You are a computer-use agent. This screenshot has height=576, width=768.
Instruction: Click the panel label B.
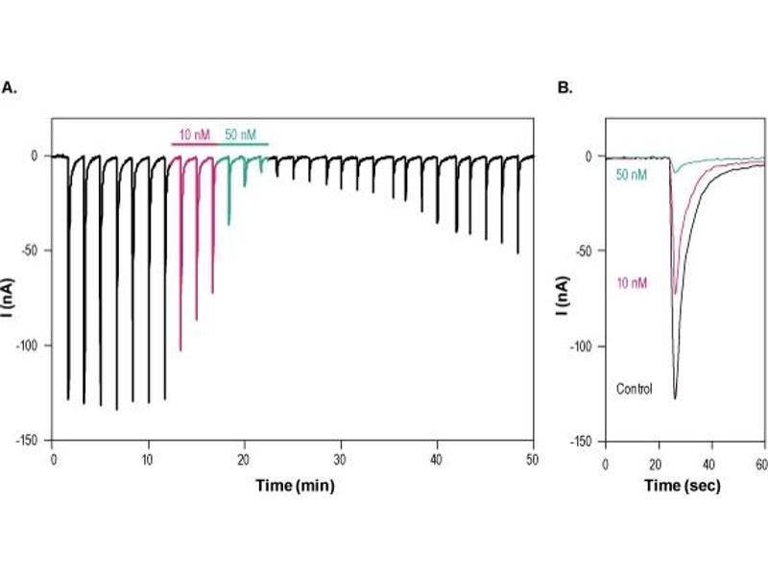(565, 87)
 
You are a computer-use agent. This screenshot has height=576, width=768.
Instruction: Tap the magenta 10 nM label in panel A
(194, 134)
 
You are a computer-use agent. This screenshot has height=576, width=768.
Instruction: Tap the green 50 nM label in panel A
(241, 134)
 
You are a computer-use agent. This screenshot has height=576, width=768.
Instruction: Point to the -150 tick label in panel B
(586, 440)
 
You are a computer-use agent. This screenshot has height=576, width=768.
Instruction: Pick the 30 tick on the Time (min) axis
(341, 458)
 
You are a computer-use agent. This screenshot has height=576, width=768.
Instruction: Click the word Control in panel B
(634, 389)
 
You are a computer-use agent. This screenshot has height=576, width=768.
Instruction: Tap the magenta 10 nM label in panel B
(631, 282)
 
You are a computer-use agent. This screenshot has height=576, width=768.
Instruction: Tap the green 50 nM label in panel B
(630, 175)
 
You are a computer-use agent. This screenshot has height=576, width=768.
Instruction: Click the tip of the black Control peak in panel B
(675, 397)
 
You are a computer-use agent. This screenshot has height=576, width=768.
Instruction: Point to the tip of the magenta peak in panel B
(675, 292)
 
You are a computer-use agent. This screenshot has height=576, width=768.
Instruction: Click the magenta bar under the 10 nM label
(195, 145)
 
